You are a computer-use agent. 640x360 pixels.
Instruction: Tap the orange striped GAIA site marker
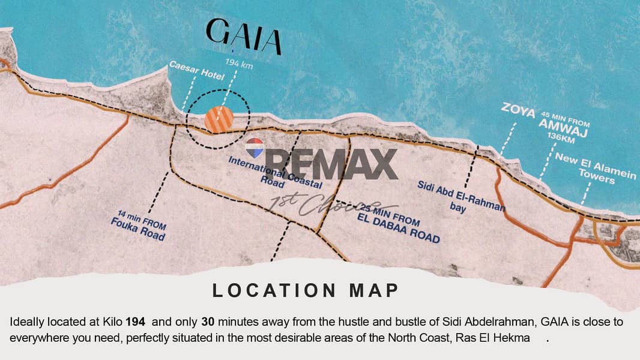219,119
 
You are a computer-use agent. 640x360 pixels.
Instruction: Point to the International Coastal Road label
275,172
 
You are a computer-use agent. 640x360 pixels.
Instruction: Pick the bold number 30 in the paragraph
208,322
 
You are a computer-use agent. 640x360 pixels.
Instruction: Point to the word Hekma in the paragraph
513,338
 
